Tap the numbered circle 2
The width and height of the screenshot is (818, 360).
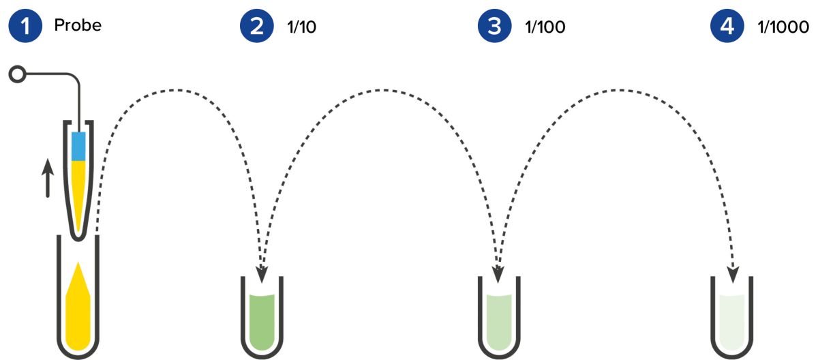tap(256, 27)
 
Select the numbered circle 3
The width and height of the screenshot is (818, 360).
tap(494, 27)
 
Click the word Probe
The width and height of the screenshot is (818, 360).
tap(77, 26)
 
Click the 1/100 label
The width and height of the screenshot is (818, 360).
tap(545, 27)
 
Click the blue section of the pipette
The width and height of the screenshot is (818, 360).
tap(78, 145)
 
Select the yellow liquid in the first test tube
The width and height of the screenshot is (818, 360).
tap(78, 307)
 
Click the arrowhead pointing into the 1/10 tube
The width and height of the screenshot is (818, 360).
tap(262, 275)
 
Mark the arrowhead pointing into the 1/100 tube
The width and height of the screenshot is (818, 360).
tap(498, 275)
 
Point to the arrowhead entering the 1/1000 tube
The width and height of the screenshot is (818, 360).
tap(733, 274)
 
